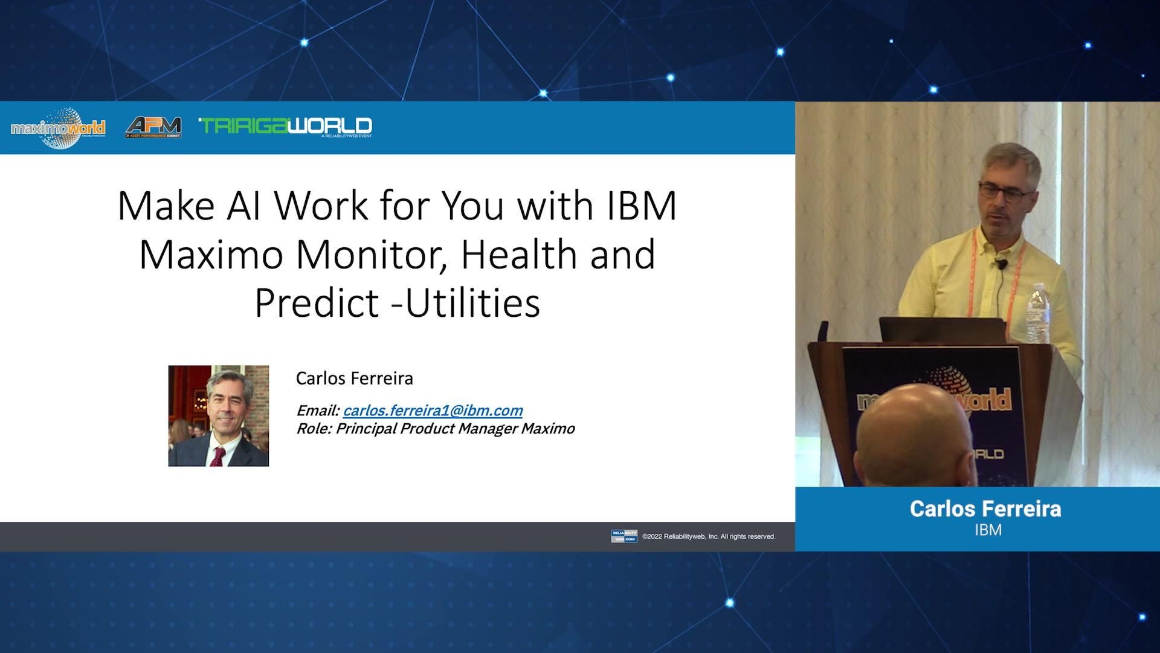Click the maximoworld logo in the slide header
tap(58, 128)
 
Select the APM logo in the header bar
tap(153, 127)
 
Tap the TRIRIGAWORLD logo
tap(285, 126)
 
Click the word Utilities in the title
tap(472, 303)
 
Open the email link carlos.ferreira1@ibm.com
tap(433, 411)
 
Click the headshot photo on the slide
tap(218, 415)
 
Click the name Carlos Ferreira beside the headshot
tap(355, 378)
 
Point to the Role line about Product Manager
tap(435, 429)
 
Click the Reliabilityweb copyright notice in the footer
tap(709, 536)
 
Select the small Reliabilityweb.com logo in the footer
tap(623, 536)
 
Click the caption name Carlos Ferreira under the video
tap(985, 508)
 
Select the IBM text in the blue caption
tap(988, 530)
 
